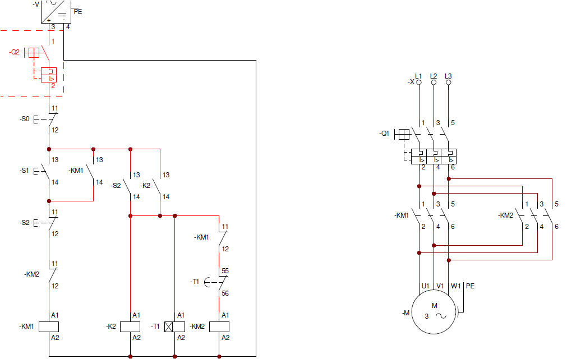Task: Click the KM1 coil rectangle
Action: (49, 327)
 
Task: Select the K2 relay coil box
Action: (130, 327)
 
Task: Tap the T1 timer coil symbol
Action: (175, 327)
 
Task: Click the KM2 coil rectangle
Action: (219, 327)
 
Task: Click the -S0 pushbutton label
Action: (24, 119)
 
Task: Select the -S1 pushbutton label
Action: (24, 169)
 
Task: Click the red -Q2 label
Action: (15, 52)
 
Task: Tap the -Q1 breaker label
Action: (384, 134)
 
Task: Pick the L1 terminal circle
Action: (418, 82)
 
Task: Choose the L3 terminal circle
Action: (448, 82)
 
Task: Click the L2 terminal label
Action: (433, 76)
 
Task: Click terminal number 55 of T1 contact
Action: (225, 270)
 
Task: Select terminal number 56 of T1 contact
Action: (225, 293)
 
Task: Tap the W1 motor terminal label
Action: (455, 286)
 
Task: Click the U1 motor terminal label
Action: (425, 286)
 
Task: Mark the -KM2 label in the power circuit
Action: (505, 215)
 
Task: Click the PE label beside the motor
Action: (470, 286)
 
